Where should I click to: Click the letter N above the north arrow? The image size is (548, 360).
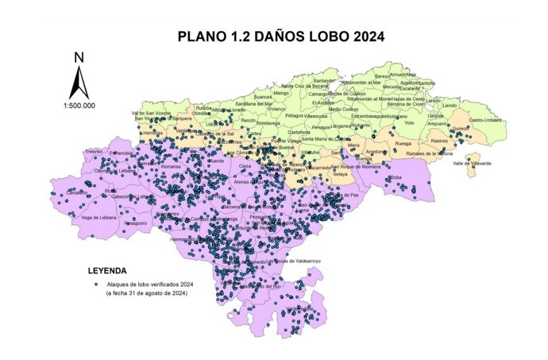point(79,57)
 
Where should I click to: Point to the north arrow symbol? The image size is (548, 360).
point(79,82)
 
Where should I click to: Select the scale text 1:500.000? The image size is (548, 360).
point(79,105)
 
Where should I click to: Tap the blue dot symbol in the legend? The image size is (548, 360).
point(95,284)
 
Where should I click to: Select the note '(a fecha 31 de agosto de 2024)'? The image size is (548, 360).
point(147,294)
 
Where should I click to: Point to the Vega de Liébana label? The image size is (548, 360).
point(99,217)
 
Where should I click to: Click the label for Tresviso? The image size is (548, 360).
point(94,150)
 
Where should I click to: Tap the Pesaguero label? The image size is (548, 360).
point(137,223)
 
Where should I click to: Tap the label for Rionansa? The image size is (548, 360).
point(171,167)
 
